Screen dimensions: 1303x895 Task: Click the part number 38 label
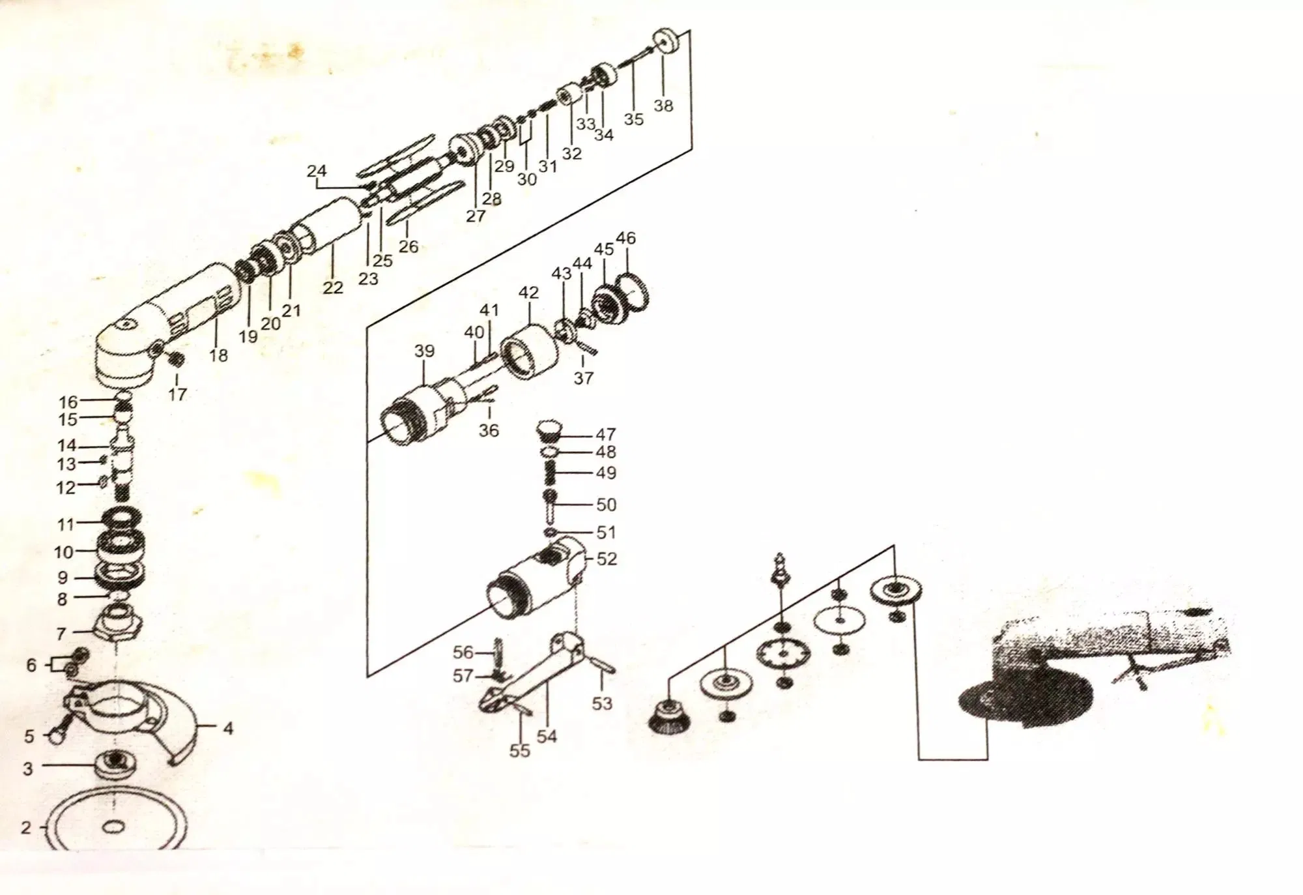pyautogui.click(x=663, y=105)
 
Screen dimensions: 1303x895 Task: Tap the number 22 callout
pyautogui.click(x=333, y=287)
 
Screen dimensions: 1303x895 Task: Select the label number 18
pyautogui.click(x=219, y=355)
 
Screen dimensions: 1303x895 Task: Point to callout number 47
pyautogui.click(x=606, y=434)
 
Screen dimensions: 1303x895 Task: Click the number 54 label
pyautogui.click(x=547, y=736)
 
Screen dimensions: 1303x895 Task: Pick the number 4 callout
pyautogui.click(x=228, y=727)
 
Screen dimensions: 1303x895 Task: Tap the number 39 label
pyautogui.click(x=424, y=351)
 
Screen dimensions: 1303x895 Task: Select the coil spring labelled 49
pyautogui.click(x=551, y=473)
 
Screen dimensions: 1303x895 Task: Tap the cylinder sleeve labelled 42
pyautogui.click(x=529, y=352)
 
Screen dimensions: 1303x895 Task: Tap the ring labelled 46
pyautogui.click(x=633, y=291)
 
